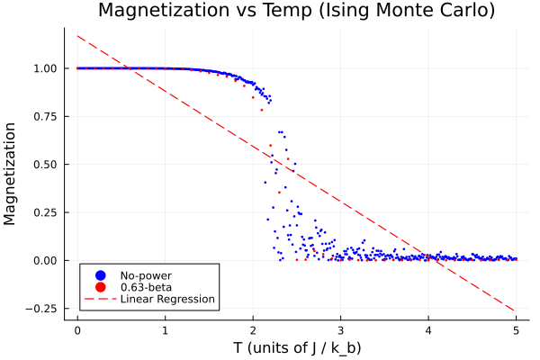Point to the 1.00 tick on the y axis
[46, 68]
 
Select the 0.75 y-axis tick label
[46, 116]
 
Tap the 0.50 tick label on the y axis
[46, 165]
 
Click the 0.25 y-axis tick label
[46, 212]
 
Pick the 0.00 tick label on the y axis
[46, 261]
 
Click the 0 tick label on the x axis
[77, 329]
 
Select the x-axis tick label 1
[166, 329]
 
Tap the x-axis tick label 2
[253, 329]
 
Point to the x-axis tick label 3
[340, 329]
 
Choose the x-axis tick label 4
[428, 329]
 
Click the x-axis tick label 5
[516, 329]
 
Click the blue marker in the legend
[101, 274]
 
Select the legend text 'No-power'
[146, 274]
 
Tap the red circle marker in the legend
[101, 287]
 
